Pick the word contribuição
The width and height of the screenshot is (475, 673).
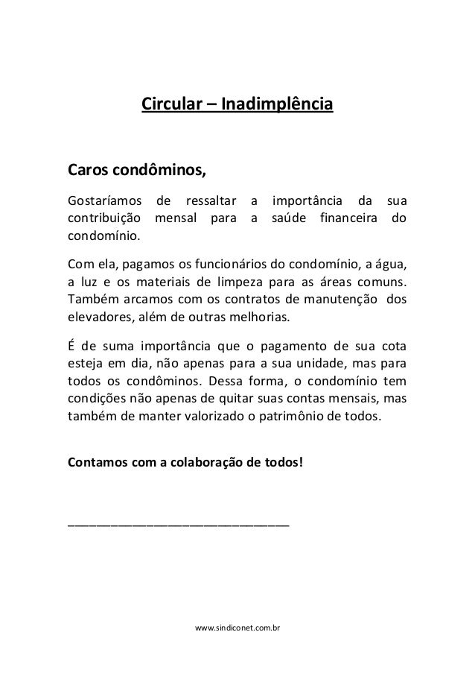tap(103, 219)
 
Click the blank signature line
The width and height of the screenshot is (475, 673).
tap(178, 525)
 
